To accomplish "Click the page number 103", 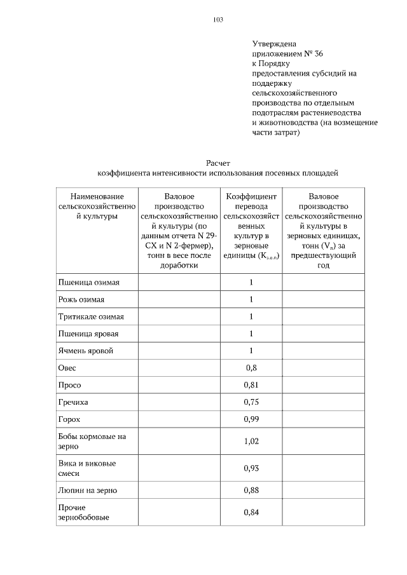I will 217,20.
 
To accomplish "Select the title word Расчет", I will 217,163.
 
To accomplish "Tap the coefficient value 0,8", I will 251,368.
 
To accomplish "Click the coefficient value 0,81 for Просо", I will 251,385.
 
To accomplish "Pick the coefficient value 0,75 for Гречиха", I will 251,402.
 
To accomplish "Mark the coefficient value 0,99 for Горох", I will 251,419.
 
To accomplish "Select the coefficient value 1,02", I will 251,442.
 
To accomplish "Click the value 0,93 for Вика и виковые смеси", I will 251,468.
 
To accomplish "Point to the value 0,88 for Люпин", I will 251,490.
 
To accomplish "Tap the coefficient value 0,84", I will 251,513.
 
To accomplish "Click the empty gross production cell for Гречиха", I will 179,402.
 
